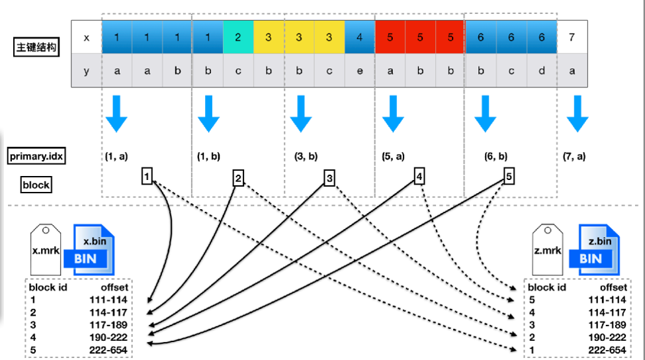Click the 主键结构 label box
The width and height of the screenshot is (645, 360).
(x=36, y=47)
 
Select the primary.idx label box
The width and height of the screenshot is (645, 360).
(x=36, y=156)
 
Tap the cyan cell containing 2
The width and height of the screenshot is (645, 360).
(x=238, y=37)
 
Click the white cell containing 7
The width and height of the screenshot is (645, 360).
(x=572, y=37)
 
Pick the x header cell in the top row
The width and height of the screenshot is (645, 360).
(x=87, y=37)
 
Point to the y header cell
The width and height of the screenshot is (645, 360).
(x=87, y=70)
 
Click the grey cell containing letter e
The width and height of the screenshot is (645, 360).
(x=360, y=70)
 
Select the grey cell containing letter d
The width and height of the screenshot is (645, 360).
(x=542, y=70)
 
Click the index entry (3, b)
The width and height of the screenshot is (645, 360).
(x=306, y=156)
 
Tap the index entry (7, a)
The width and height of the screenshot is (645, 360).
(x=574, y=156)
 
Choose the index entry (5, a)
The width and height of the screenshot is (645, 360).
(x=393, y=156)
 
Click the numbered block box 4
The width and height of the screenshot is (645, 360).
(x=419, y=177)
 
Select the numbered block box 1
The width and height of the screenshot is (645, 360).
(x=147, y=177)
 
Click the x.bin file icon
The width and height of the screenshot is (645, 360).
(x=89, y=249)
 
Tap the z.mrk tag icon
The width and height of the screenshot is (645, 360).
(x=548, y=249)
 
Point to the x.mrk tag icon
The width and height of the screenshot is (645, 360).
(x=46, y=249)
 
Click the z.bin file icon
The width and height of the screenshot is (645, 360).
(x=595, y=249)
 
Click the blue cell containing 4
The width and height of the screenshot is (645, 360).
(x=360, y=37)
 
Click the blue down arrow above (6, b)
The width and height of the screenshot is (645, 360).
(x=486, y=114)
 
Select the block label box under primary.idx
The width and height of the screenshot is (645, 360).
(x=36, y=185)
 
